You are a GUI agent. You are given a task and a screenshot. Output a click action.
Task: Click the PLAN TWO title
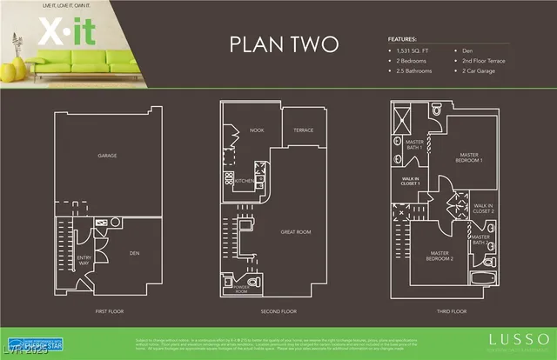278,45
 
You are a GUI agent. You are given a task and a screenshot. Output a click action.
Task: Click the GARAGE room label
107,156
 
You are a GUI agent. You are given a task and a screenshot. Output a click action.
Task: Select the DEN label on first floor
135,253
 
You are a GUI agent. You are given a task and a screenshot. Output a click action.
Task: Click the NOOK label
257,130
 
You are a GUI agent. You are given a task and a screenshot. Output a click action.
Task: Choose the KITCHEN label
245,181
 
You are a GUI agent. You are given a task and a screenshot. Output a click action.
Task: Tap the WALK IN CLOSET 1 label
412,181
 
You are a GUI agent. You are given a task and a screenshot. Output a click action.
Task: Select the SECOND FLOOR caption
278,310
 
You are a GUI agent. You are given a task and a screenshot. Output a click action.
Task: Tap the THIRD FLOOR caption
450,310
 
